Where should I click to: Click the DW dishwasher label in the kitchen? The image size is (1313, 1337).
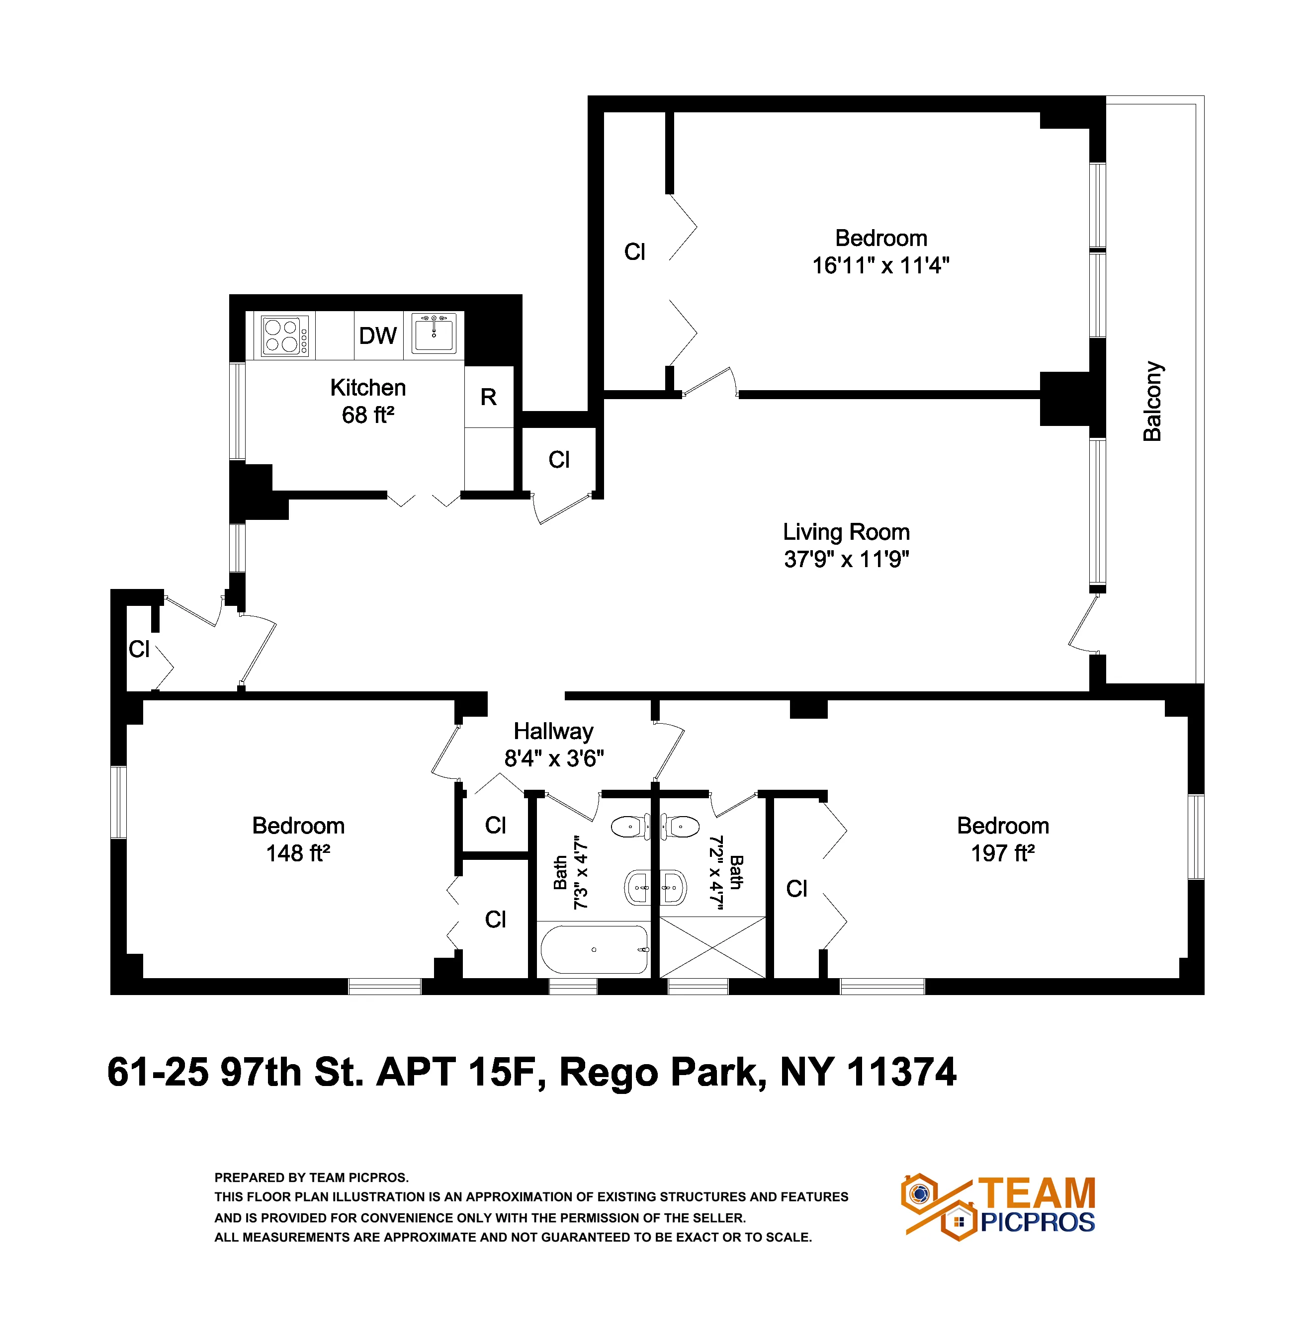(378, 336)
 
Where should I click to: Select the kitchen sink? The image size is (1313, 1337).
(434, 334)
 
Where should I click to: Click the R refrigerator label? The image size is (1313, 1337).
(488, 397)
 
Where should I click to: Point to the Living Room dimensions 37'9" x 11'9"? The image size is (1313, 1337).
(846, 559)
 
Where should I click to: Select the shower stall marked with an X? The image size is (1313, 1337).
(712, 947)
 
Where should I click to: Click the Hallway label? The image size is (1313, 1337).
(554, 731)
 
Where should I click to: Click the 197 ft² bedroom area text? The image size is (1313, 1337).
(1003, 853)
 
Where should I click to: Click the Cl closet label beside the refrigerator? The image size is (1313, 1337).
(559, 460)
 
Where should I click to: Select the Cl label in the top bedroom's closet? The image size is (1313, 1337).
(634, 252)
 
